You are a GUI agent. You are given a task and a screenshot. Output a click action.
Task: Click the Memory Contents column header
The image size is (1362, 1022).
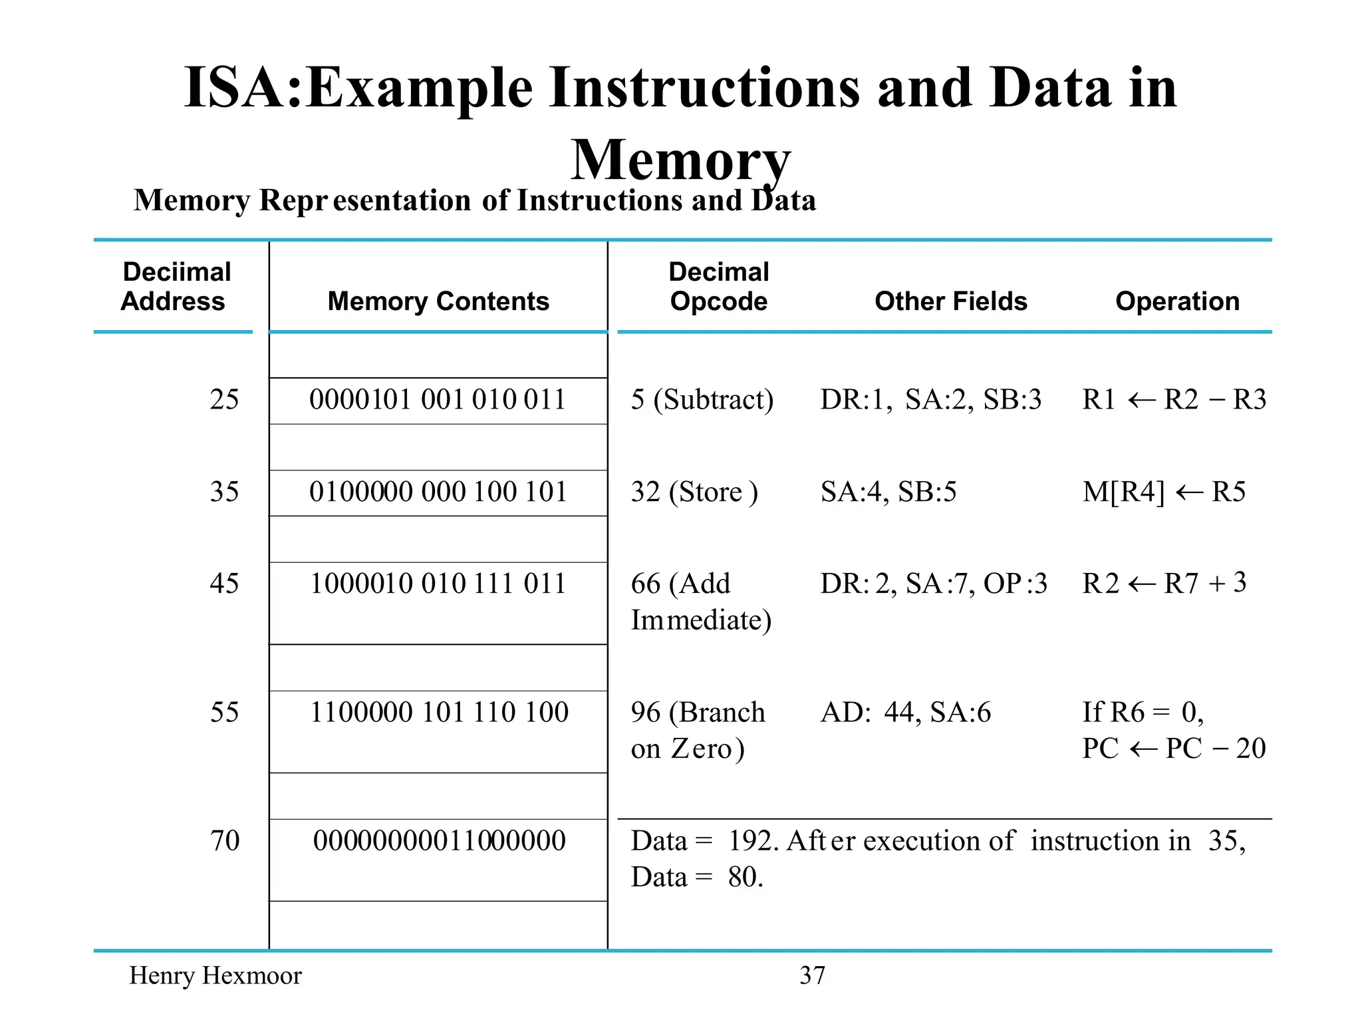click(438, 301)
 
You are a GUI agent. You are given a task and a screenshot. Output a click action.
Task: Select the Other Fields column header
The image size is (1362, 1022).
click(950, 301)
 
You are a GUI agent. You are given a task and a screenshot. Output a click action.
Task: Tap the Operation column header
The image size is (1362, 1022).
click(1177, 301)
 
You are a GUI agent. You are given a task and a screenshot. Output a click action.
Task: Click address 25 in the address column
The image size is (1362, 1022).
click(224, 400)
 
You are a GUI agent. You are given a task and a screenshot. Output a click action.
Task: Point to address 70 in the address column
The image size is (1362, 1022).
click(225, 841)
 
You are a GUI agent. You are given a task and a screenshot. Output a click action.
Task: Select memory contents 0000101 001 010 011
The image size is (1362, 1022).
click(438, 400)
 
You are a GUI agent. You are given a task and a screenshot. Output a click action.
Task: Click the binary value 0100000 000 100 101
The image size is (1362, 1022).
click(438, 492)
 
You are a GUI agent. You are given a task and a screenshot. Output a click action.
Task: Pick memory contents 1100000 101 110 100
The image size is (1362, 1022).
click(439, 713)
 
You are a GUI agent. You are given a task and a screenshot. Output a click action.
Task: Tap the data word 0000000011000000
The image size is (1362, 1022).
click(439, 841)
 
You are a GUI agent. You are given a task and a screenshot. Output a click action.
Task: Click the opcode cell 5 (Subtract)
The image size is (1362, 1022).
click(702, 400)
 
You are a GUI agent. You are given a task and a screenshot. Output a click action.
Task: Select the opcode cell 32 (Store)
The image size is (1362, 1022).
click(694, 492)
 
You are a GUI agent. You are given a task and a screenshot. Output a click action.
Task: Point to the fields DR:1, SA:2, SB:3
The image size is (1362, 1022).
click(930, 400)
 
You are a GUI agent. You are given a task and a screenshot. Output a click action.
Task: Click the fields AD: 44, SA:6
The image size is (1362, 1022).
click(905, 713)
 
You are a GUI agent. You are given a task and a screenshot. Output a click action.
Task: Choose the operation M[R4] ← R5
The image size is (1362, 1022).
click(1163, 492)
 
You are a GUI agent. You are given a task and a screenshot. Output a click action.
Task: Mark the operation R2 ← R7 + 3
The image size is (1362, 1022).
click(1164, 584)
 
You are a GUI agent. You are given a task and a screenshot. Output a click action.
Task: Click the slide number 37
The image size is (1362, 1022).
click(812, 975)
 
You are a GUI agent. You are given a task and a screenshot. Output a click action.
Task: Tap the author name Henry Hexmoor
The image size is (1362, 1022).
click(215, 975)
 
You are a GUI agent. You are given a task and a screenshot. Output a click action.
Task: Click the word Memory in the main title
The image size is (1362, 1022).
click(680, 160)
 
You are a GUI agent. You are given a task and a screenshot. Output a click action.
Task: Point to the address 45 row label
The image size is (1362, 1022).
click(224, 584)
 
